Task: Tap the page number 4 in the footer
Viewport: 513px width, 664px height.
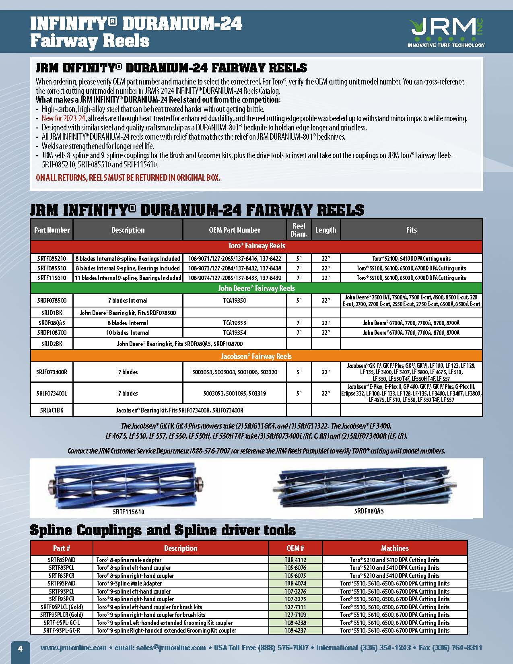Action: pos(20,648)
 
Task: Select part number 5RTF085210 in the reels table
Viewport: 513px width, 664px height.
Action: pos(52,258)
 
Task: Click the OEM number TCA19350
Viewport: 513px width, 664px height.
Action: pos(235,300)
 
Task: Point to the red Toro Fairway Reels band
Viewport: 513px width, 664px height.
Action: pos(256,246)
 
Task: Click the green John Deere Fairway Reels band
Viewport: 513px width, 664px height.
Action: pos(256,288)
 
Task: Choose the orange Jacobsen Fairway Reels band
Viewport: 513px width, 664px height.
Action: pos(256,356)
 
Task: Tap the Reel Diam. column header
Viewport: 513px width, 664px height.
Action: pos(299,230)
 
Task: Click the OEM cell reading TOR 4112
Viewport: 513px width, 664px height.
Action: pos(295,560)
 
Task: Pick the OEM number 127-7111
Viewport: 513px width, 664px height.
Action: pos(295,607)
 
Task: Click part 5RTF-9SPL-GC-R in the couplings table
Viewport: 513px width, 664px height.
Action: pos(62,630)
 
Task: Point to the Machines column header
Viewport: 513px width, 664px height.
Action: pos(395,548)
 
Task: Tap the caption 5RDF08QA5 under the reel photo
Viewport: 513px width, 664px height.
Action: pos(369,511)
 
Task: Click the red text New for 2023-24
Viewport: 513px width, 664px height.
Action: pos(64,118)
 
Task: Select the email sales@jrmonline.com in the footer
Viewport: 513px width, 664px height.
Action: pos(171,648)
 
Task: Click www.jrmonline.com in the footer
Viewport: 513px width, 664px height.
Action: pos(73,648)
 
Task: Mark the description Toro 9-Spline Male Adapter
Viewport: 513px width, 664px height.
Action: pos(129,583)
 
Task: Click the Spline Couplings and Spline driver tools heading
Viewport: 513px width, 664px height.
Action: pos(163,530)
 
